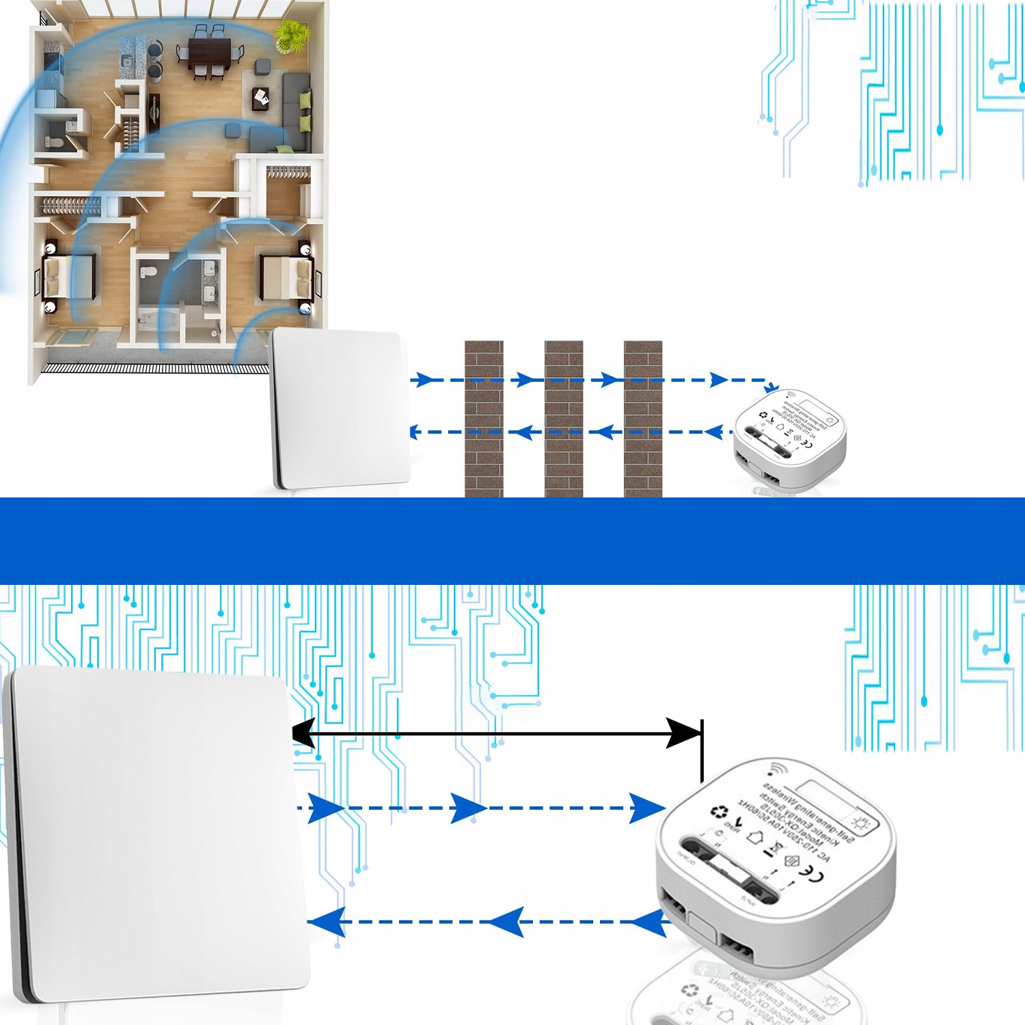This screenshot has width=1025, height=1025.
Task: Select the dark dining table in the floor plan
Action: tap(210, 53)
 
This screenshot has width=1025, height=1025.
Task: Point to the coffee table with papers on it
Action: tap(261, 98)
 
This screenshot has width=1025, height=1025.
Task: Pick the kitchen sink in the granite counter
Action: tap(127, 61)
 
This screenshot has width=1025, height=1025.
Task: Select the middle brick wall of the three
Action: tap(564, 418)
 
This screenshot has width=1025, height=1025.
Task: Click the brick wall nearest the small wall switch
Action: tap(484, 418)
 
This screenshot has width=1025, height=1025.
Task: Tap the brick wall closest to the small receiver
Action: tap(643, 418)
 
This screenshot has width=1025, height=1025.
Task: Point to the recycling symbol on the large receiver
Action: tap(720, 812)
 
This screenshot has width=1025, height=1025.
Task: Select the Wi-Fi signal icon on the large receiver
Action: tap(776, 769)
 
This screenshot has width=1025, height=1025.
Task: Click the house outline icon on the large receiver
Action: tap(755, 836)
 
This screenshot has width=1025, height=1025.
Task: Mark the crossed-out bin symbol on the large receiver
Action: tap(774, 849)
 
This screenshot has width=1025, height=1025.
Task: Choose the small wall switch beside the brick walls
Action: tap(340, 408)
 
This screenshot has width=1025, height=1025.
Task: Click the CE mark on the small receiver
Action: tap(806, 444)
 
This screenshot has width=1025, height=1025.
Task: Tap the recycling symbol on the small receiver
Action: tap(763, 415)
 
